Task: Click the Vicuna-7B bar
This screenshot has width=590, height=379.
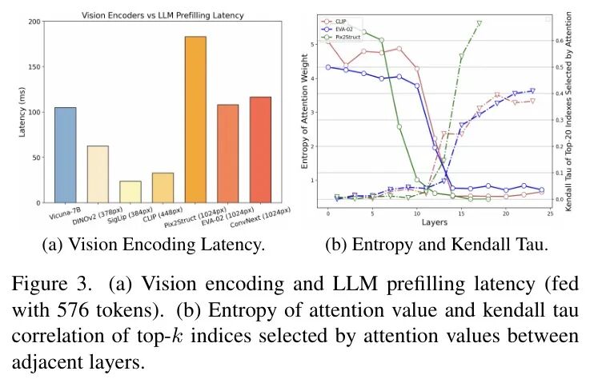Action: pos(66,155)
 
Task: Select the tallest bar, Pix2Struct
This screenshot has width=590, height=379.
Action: pos(195,120)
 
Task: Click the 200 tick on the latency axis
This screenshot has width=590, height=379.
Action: pos(34,22)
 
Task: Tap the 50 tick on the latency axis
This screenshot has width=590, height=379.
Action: pos(36,158)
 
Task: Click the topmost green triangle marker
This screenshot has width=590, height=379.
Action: pos(480,25)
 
